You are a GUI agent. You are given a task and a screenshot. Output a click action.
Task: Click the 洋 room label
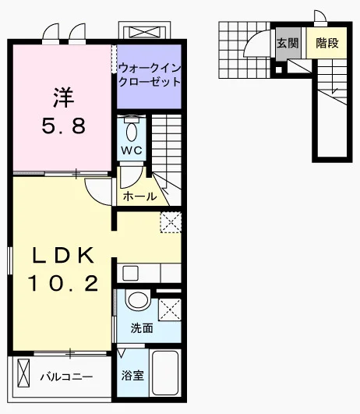tap(64, 97)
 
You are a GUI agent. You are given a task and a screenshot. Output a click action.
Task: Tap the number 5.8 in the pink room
tap(64, 126)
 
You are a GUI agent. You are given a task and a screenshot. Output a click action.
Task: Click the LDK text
tap(63, 255)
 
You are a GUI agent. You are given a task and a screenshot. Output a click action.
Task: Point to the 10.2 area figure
tap(63, 283)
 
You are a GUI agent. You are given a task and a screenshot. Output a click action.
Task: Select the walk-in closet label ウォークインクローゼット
tap(150, 76)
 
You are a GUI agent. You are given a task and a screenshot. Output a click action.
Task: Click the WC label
tap(132, 150)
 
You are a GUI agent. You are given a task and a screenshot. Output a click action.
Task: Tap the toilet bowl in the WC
tap(132, 132)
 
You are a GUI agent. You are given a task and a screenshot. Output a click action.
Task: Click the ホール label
tap(139, 196)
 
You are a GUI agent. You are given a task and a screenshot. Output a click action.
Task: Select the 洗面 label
tap(142, 328)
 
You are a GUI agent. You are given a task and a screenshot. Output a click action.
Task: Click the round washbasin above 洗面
tap(138, 299)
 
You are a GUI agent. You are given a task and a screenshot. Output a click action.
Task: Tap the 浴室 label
tap(132, 376)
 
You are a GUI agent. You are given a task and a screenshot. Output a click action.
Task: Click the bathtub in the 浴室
tap(165, 373)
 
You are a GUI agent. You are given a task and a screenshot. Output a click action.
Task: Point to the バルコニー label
tap(66, 377)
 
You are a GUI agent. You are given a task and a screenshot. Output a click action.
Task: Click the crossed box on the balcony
tap(23, 373)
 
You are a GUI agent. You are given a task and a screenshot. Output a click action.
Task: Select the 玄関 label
tap(288, 43)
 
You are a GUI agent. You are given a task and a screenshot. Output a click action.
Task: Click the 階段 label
tap(327, 43)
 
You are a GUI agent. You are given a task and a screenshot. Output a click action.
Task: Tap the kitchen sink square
tap(130, 274)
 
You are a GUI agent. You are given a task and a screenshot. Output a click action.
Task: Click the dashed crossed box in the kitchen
tap(171, 222)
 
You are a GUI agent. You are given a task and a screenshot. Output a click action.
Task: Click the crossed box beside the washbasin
tap(170, 310)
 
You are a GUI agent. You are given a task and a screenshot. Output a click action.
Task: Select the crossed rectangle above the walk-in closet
tap(144, 33)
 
